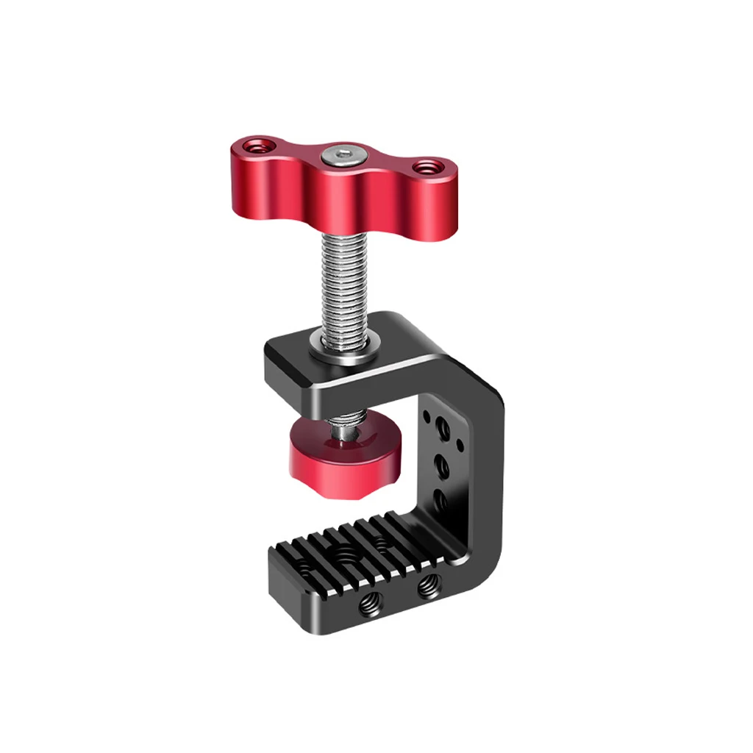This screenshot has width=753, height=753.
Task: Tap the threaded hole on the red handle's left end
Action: tap(257, 146)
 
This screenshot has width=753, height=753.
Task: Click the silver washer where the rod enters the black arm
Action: tap(343, 345)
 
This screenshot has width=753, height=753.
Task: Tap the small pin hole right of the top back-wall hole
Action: tap(460, 444)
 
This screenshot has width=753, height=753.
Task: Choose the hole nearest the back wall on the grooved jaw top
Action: tap(381, 543)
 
